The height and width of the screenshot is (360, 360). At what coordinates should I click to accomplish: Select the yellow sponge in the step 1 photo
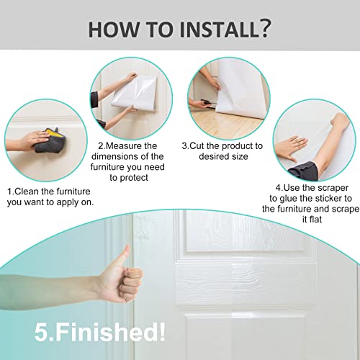pyautogui.click(x=52, y=134)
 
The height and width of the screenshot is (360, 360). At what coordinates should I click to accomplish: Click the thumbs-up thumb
pyautogui.click(x=124, y=256)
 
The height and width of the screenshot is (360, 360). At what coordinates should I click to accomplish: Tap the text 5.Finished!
pyautogui.click(x=100, y=333)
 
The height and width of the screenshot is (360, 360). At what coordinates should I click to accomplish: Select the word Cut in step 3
pyautogui.click(x=197, y=145)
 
